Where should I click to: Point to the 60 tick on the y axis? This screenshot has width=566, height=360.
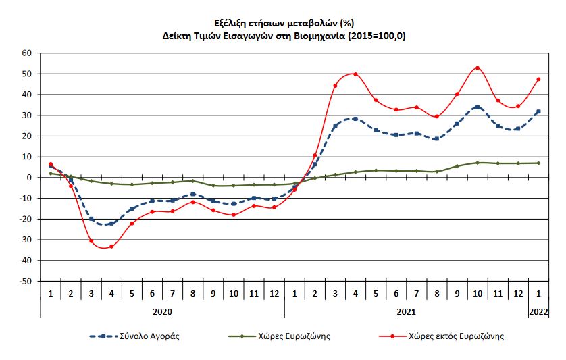coord(27,53)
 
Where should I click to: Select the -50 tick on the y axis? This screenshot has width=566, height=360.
coord(25,281)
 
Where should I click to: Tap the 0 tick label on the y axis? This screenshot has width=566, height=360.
coord(30,178)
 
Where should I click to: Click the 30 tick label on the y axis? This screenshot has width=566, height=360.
coord(27,115)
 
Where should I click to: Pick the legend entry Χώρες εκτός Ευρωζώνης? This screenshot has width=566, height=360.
coord(459,336)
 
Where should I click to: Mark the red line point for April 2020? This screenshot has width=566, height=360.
coord(111,247)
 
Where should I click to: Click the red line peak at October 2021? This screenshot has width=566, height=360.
coord(478,68)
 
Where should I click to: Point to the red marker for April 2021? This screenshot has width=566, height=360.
coord(355,74)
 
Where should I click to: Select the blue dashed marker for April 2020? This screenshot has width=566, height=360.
coord(111,224)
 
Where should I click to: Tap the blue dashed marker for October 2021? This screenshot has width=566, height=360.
coord(478,107)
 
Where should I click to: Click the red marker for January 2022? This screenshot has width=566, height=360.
coord(538,79)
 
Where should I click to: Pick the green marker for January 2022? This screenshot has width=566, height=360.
coord(538,163)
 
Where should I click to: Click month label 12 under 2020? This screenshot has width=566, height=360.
coord(274,294)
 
